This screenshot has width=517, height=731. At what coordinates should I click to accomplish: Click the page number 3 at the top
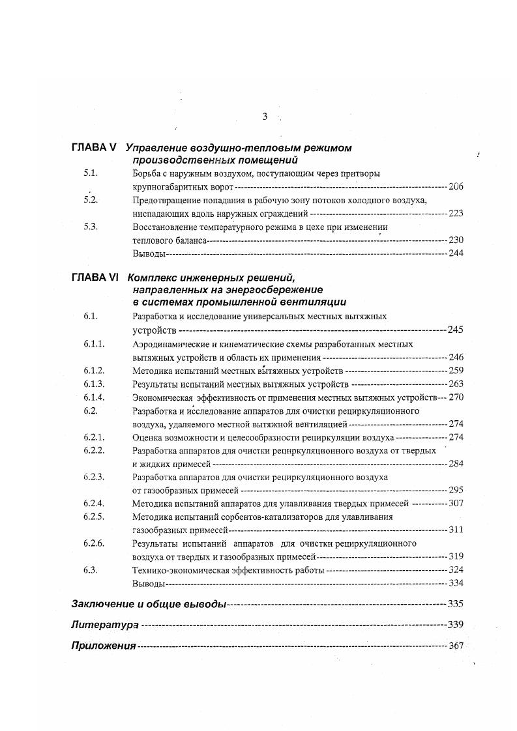[265, 117]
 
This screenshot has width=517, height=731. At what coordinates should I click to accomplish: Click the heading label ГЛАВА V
[94, 148]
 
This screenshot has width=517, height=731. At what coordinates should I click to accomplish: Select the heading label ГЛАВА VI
[95, 277]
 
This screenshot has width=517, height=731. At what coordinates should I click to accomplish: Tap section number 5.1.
[91, 173]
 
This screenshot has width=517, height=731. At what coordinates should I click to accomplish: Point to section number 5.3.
[91, 227]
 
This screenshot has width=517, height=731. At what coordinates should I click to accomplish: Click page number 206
[456, 187]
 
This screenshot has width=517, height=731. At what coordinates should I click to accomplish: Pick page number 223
[456, 213]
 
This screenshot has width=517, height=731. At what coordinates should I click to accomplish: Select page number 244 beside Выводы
[456, 253]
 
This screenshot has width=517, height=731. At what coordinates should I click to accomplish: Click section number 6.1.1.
[95, 343]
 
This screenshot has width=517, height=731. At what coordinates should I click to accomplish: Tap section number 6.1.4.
[95, 397]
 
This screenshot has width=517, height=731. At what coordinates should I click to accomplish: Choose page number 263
[456, 384]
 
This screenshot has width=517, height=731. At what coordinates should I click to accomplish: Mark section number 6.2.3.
[95, 477]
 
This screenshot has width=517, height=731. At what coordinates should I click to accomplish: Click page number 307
[456, 503]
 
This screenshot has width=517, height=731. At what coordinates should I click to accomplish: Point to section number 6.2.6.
[95, 543]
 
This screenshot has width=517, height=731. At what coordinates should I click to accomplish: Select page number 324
[456, 570]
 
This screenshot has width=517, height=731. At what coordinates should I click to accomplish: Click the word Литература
[104, 625]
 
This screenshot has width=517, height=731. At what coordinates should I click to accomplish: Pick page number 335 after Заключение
[456, 604]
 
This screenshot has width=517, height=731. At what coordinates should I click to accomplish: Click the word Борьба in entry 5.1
[145, 174]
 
